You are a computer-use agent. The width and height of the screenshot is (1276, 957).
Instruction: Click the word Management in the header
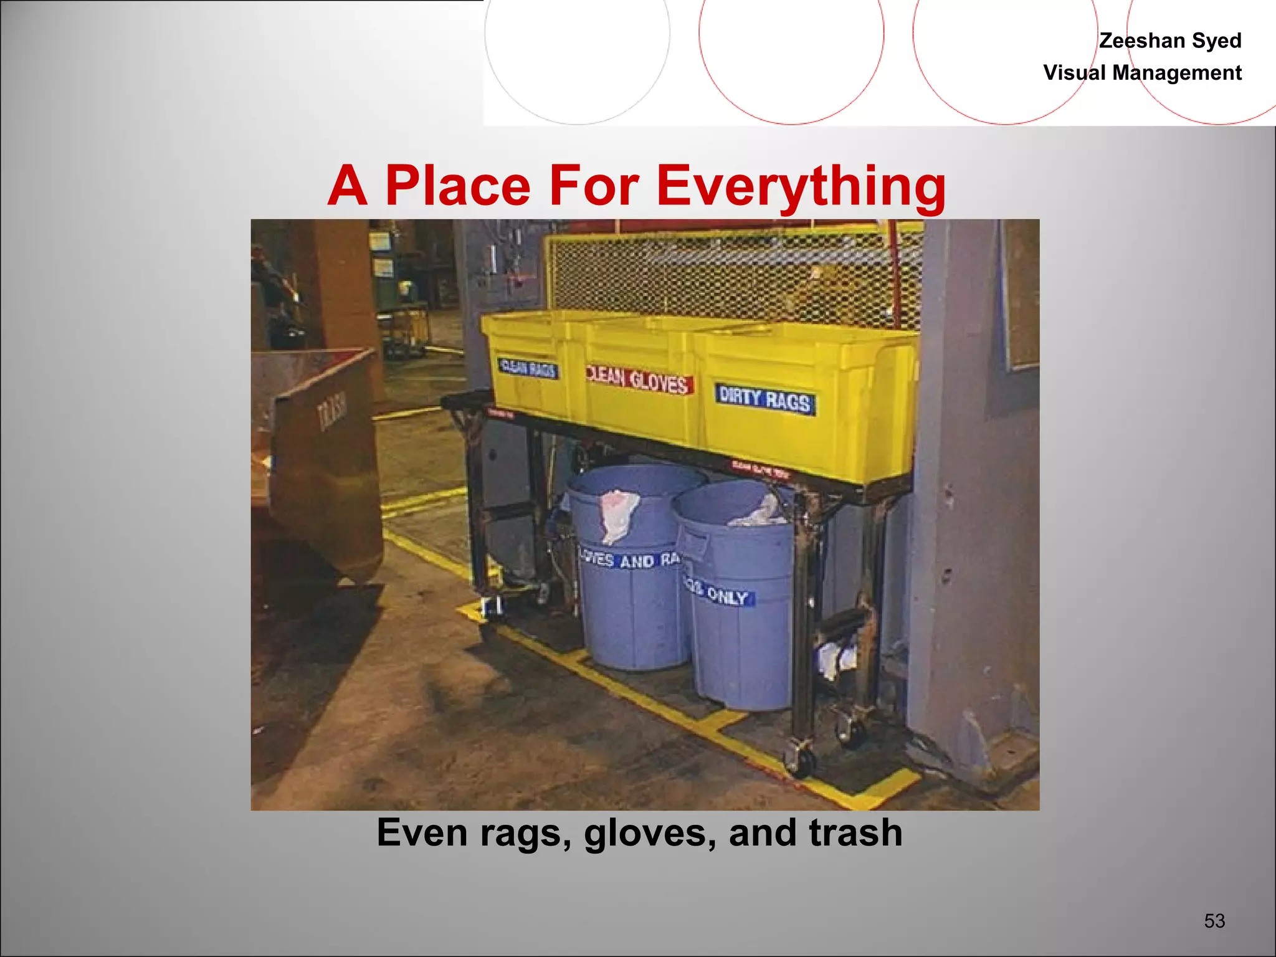point(1177,73)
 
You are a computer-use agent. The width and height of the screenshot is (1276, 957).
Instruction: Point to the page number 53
point(1214,920)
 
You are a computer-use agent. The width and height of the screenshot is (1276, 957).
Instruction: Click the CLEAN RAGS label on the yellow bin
point(528,368)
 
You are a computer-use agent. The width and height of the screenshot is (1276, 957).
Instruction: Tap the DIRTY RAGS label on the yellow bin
point(765,399)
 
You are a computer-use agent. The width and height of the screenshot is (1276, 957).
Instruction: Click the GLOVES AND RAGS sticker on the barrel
point(629,558)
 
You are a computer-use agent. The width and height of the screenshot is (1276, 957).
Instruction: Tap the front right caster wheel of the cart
point(801,759)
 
